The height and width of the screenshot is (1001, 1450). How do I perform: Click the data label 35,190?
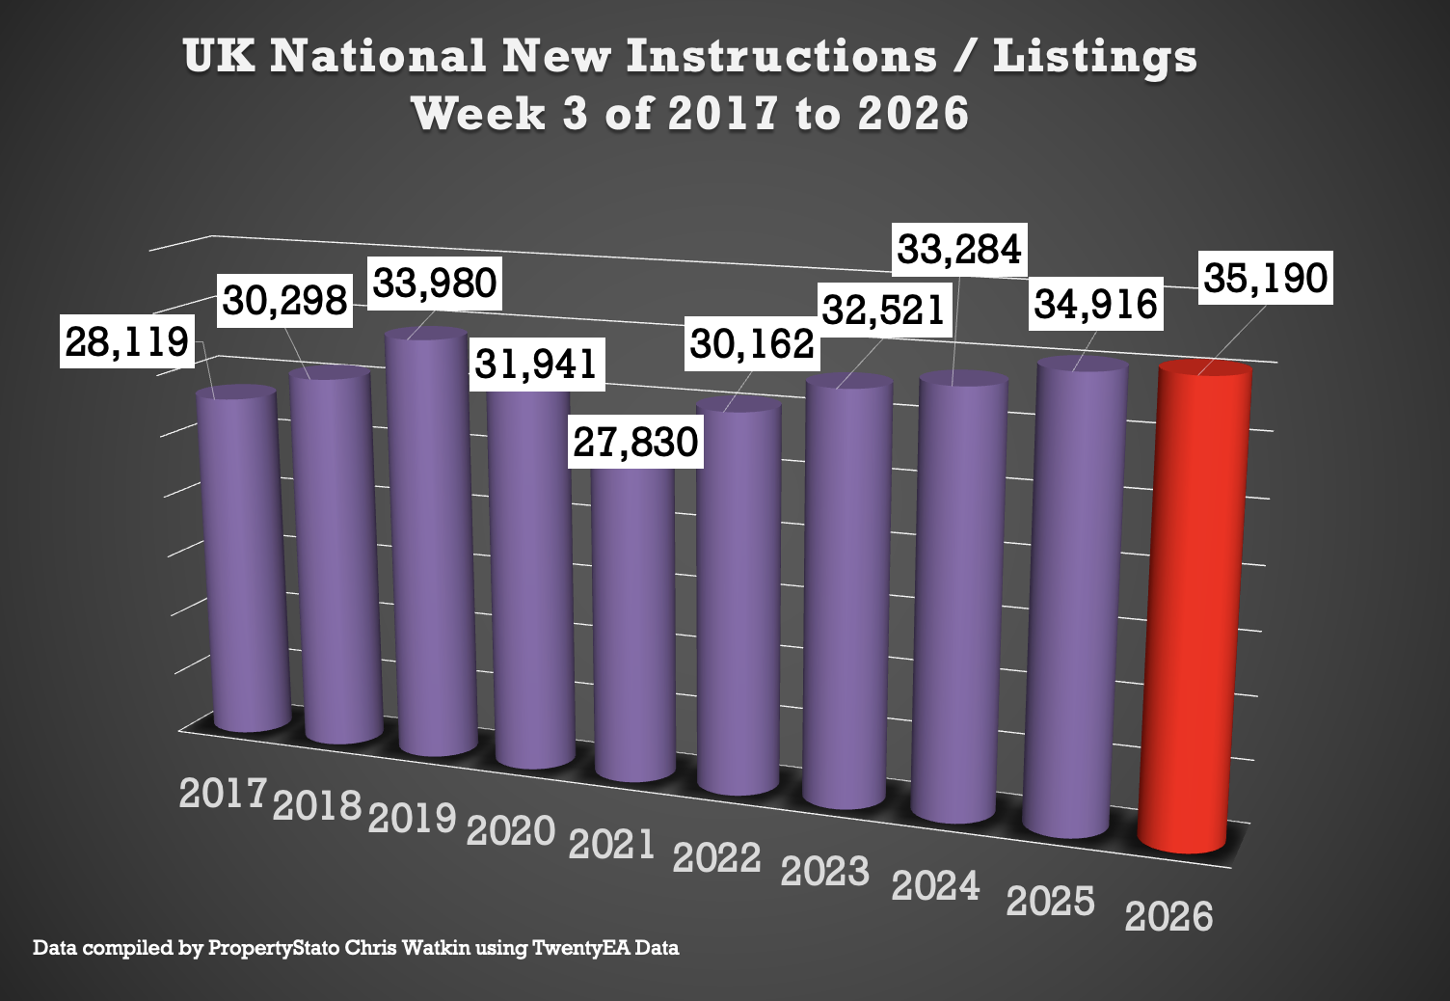point(1265,279)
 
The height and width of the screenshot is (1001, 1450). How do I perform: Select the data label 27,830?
point(635,443)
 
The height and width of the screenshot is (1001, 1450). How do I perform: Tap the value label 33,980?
point(435,284)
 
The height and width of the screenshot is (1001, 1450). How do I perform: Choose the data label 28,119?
point(126,341)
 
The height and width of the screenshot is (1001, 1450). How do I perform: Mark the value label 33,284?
point(958,250)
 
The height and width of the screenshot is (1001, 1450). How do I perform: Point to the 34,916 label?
point(1095,305)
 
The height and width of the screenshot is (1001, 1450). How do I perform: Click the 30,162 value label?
point(752,343)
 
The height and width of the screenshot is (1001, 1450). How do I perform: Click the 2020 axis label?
point(511,830)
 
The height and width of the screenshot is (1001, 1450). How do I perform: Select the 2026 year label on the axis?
point(1168,916)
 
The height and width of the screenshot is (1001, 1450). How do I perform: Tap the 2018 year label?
point(317,805)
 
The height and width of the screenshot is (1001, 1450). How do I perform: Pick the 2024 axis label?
point(935,885)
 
